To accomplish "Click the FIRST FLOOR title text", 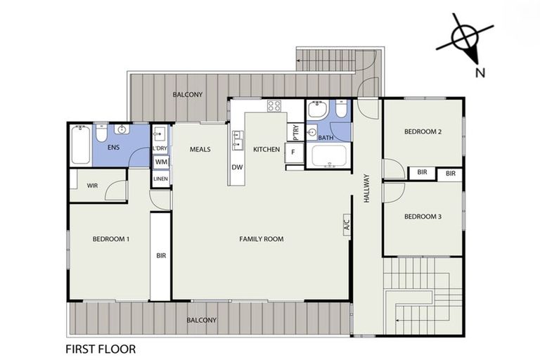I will click(101, 348).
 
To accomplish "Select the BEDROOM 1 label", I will click(111, 239).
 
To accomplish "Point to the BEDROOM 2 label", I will click(423, 131).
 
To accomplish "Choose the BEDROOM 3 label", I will click(423, 217).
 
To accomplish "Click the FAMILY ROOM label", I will click(261, 239).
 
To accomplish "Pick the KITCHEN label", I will click(266, 149).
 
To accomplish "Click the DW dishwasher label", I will click(237, 167).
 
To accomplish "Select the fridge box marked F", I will click(292, 151).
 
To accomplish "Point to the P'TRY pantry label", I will click(293, 132).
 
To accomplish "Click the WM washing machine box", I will click(161, 162).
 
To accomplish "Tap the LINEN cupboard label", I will click(161, 179).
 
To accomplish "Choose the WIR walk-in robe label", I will click(92, 186).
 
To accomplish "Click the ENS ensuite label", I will click(112, 148).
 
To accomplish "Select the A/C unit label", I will click(346, 226).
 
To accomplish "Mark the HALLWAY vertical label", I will click(366, 188).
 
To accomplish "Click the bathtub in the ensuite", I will click(80, 144).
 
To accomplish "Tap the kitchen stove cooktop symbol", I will click(274, 106).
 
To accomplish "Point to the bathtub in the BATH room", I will click(329, 155).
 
